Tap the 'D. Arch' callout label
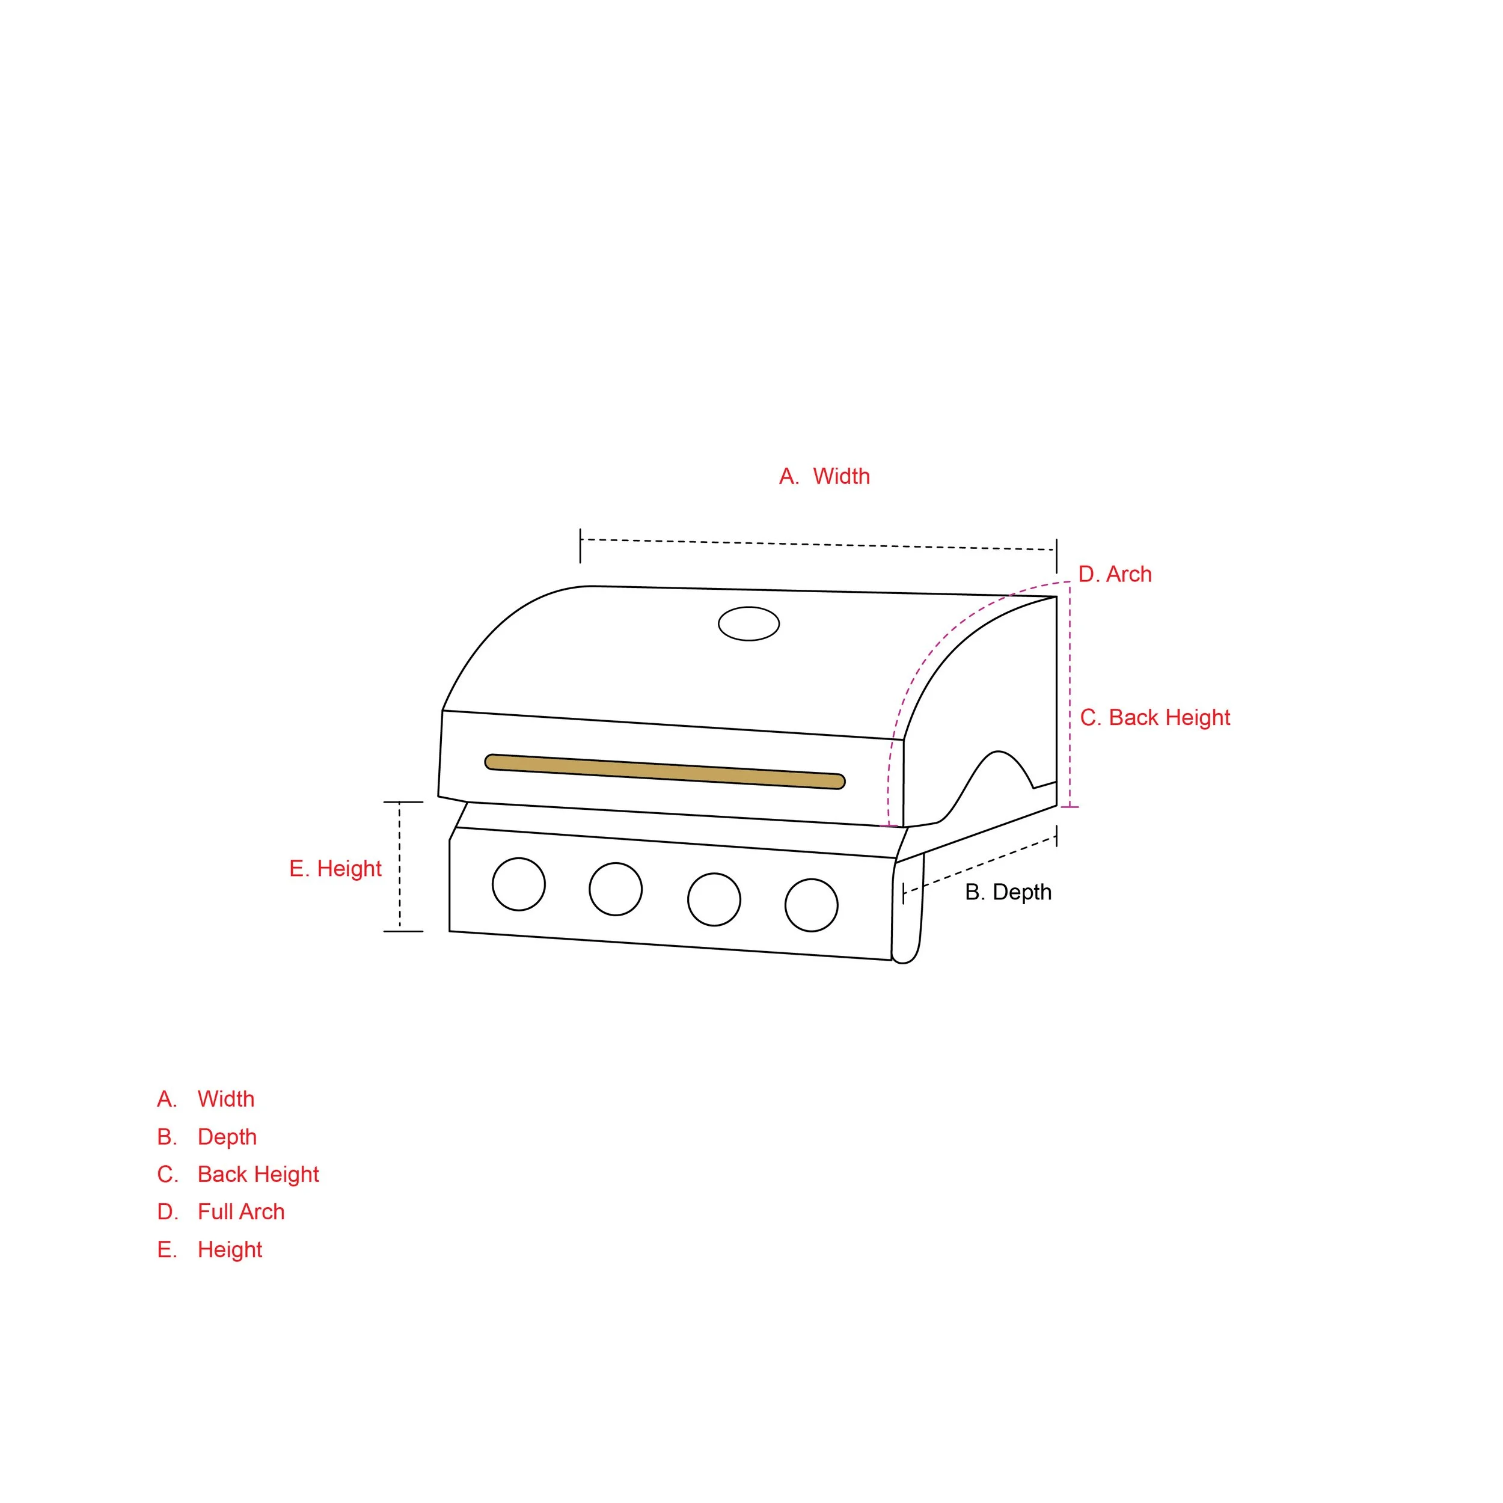1114,574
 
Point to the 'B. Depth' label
1008,892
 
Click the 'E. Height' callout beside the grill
335,868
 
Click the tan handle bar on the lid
664,771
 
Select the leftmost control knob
519,884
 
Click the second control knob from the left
616,889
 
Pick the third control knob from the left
714,899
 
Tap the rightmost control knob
812,905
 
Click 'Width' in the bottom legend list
225,1099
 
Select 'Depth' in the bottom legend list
227,1137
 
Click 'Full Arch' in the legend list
240,1211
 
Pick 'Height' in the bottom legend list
230,1249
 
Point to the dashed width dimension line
817,545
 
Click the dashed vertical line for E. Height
400,867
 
